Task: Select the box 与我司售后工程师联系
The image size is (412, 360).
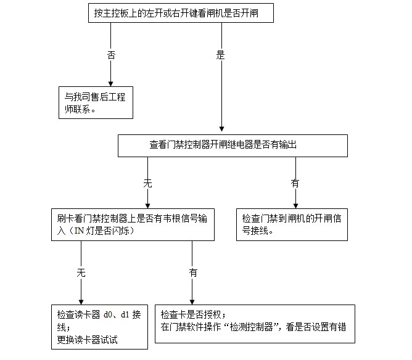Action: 94,102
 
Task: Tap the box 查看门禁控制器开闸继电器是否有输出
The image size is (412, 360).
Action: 223,145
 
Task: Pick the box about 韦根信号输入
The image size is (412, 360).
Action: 133,224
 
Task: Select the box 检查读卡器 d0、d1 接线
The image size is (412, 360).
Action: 100,326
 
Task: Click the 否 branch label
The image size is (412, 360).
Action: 111,55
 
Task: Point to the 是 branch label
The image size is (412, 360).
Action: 221,55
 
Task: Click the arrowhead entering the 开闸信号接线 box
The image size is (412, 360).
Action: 295,205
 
